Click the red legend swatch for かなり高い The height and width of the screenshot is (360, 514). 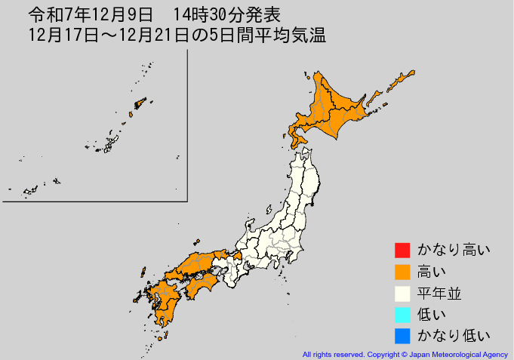click(402, 250)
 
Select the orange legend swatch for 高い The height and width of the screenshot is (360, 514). click(402, 271)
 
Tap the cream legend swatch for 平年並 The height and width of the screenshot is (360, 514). click(402, 293)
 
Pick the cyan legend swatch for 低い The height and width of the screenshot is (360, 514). click(402, 314)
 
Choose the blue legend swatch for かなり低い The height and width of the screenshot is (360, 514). click(402, 335)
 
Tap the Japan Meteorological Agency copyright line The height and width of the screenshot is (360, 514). click(405, 354)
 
